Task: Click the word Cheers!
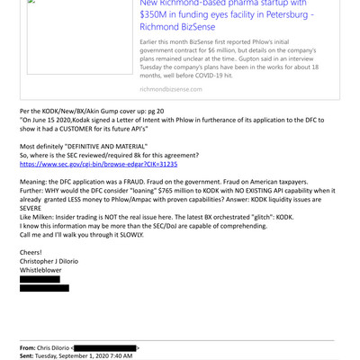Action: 32,253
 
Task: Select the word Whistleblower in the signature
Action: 42,271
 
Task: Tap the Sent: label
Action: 30,356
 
